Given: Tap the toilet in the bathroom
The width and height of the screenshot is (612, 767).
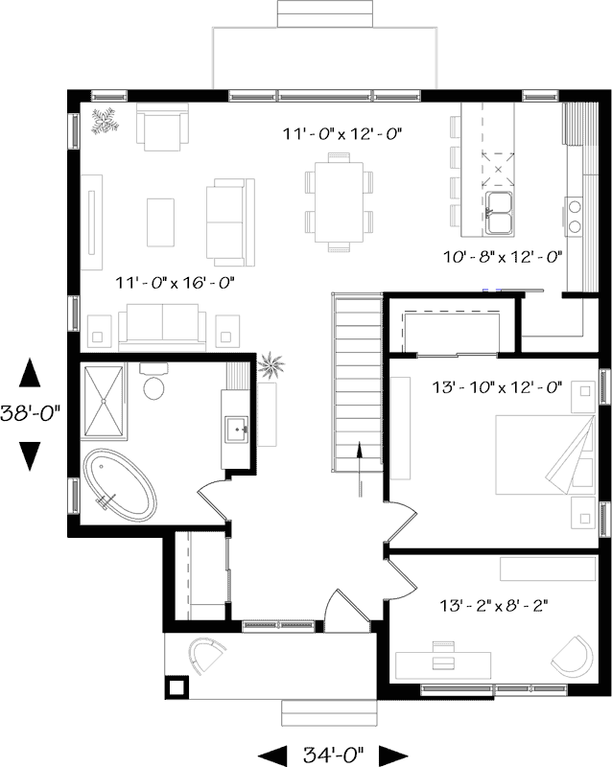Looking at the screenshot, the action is click(154, 382).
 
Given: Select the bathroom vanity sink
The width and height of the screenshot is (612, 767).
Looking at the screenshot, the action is click(238, 430).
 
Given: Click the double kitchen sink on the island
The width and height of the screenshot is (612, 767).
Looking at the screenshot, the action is click(499, 213).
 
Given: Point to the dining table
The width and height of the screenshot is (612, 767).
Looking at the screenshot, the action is click(339, 201).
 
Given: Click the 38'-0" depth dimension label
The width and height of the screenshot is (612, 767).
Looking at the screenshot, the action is click(30, 414).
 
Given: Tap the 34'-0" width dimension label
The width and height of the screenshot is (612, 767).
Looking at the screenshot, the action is click(334, 755).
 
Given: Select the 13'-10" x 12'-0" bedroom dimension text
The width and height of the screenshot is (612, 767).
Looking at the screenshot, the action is click(497, 387).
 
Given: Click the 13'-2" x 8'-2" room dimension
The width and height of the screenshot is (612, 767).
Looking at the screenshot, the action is click(493, 606).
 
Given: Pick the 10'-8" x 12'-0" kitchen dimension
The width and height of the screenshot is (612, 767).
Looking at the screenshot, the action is click(503, 257).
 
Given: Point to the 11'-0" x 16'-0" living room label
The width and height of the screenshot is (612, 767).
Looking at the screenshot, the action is click(175, 282).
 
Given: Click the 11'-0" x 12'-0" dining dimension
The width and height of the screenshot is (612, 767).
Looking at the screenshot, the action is click(342, 133).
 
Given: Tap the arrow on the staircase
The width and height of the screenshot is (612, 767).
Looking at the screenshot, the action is click(360, 470).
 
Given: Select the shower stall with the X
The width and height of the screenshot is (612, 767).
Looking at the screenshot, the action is click(104, 401).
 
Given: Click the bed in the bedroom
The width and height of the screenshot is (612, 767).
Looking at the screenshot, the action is click(545, 454).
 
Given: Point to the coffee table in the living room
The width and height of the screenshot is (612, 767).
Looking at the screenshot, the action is click(160, 222).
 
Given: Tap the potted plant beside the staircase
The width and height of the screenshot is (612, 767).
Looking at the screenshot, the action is click(271, 365).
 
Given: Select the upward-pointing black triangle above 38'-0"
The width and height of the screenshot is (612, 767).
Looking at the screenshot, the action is click(30, 373).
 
